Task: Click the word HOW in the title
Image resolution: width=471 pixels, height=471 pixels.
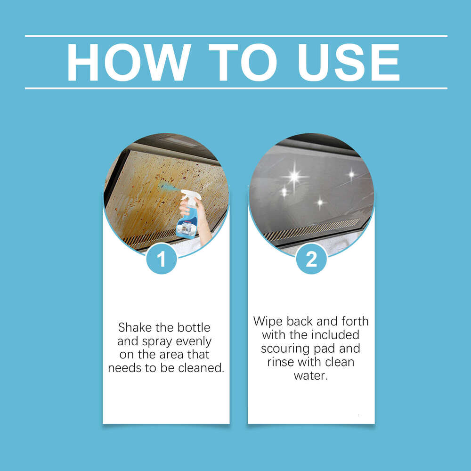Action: pos(129,62)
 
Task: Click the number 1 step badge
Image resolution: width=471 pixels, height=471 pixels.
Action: pos(161,259)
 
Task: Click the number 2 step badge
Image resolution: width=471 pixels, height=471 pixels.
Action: pos(311,259)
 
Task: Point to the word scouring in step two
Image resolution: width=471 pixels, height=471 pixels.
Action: pos(284,349)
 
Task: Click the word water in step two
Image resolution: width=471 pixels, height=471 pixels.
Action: pos(310,376)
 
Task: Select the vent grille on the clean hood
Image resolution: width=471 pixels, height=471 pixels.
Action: pos(311,229)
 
